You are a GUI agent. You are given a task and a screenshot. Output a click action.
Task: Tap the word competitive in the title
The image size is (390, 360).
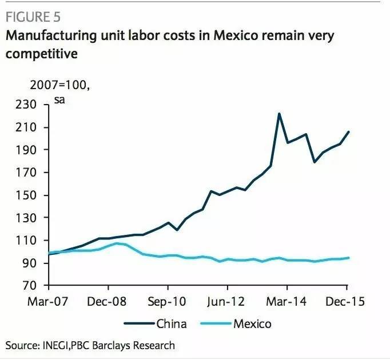pos(42,54)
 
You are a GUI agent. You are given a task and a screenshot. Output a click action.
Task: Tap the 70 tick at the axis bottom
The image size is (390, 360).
pos(30,286)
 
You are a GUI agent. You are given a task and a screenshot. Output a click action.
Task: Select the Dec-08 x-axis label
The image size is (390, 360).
pos(107,301)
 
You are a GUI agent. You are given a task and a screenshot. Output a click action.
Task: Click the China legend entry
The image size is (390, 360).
pos(171,324)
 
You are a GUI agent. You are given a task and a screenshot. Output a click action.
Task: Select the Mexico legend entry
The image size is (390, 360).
pos(252,324)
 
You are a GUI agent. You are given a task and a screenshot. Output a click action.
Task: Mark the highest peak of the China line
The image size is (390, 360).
pos(278,114)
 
